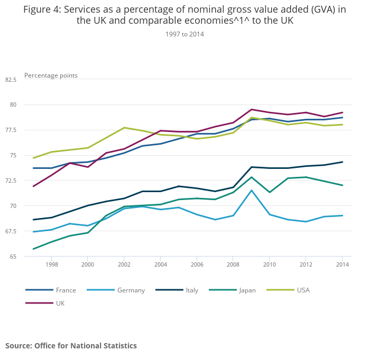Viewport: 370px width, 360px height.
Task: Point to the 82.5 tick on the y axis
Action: tap(11, 80)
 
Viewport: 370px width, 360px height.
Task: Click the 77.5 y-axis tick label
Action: tap(11, 130)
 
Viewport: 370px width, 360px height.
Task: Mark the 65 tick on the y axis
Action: tap(13, 257)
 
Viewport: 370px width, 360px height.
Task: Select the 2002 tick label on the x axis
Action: tap(124, 264)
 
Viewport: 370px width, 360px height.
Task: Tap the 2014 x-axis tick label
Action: tap(343, 264)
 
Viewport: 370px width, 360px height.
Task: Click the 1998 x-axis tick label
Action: tap(51, 264)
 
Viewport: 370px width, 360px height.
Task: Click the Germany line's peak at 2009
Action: tap(252, 190)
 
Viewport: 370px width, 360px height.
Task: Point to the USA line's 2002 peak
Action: tap(124, 128)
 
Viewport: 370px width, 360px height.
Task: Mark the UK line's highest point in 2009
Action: tap(252, 109)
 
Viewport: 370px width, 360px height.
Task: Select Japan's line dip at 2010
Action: tap(270, 192)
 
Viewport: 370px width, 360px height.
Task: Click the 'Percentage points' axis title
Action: tap(51, 75)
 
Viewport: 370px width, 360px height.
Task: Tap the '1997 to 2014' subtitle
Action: tap(184, 34)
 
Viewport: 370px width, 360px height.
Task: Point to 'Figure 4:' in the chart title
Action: tap(42, 10)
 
